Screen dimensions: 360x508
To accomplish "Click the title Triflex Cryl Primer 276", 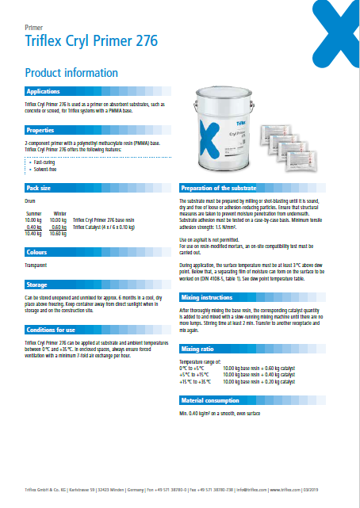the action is [91, 40].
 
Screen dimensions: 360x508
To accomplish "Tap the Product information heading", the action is [71, 73].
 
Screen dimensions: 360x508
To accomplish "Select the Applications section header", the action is [44, 92].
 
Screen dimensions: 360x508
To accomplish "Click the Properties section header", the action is [40, 129].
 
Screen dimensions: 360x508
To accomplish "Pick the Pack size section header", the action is [39, 188].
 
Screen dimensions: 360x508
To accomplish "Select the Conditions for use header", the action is [51, 330].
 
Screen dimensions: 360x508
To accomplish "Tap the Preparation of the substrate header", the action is [219, 188].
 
